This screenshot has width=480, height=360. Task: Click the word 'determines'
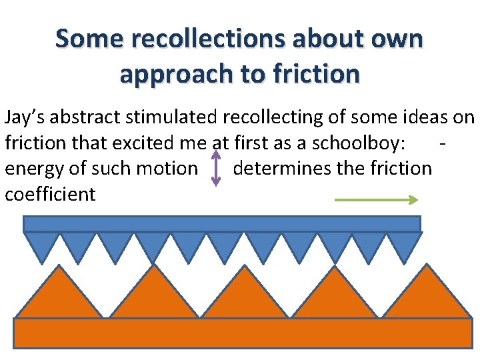282,168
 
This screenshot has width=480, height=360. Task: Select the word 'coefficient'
50,194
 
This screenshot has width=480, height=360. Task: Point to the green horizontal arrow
376,199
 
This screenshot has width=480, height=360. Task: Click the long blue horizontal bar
222,223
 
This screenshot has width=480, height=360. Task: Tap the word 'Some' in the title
89,39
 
